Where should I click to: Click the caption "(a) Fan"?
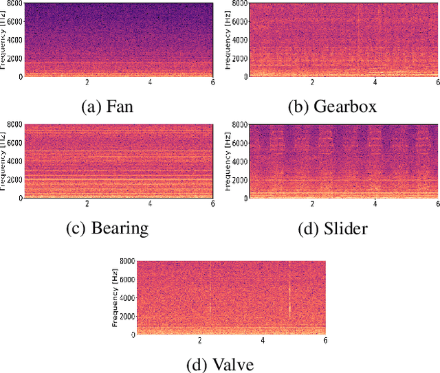108,106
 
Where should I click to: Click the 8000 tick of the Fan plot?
14,3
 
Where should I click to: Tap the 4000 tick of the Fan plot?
14,40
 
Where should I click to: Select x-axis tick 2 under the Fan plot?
87,83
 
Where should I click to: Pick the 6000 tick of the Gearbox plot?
239,21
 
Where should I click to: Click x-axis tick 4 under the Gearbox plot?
375,83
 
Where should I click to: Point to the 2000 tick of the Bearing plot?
14,179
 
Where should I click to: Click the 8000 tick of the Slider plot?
239,125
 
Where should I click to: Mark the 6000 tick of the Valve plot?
126,280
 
